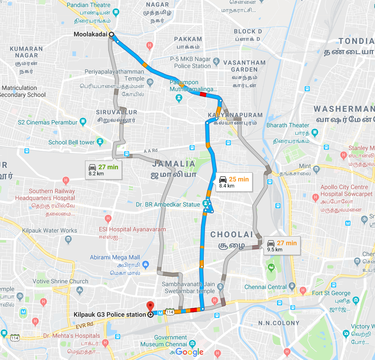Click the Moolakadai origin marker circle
111,35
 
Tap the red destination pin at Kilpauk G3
150,306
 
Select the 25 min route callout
233,182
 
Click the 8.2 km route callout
103,170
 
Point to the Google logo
190,352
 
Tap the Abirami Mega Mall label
115,257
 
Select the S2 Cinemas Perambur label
48,122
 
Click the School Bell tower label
71,142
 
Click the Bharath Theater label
288,125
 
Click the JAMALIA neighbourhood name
174,164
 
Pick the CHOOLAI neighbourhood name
231,234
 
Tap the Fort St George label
331,293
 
